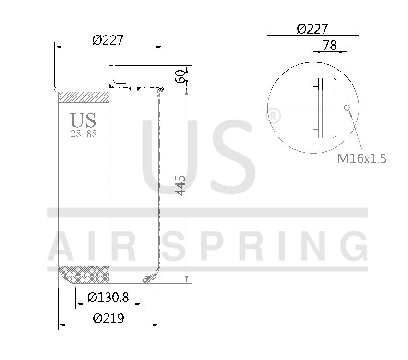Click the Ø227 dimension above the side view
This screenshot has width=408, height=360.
108,39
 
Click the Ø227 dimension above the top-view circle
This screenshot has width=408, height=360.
312,29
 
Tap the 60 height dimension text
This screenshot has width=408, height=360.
180,76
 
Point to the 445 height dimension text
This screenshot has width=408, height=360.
180,185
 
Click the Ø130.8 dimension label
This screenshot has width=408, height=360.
108,298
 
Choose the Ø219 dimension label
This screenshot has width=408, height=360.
108,318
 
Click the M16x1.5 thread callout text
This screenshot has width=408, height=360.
362,159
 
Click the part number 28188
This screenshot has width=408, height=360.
84,134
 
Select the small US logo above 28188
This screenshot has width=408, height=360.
83,120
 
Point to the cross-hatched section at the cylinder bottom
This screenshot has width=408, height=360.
84,275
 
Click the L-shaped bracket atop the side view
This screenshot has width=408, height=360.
113,77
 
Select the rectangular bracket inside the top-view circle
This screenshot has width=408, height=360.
324,108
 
